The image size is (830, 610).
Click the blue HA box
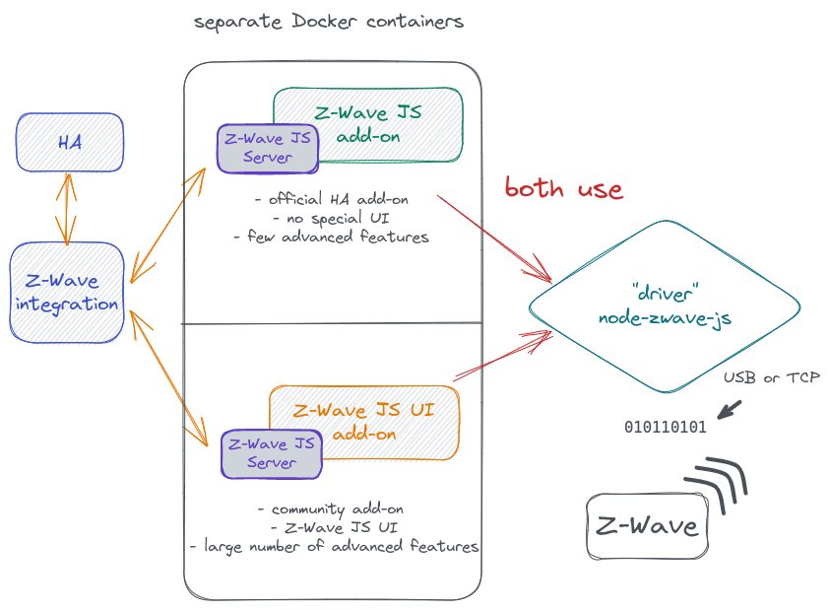[69, 142]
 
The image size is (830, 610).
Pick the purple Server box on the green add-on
[267, 147]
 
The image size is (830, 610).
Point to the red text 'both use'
[563, 188]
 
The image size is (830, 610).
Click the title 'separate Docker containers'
[329, 22]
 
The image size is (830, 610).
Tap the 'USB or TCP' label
[771, 377]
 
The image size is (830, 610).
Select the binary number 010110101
[665, 428]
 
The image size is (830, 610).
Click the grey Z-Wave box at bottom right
[647, 525]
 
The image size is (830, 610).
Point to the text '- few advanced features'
[331, 237]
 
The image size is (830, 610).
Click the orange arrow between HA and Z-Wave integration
[67, 209]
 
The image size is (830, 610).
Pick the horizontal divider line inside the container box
[332, 323]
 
